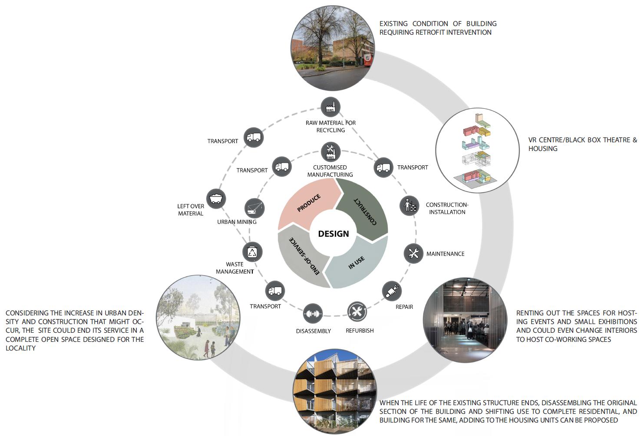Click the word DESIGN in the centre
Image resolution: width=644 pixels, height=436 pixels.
point(333,234)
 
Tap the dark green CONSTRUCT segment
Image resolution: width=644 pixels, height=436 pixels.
point(363,209)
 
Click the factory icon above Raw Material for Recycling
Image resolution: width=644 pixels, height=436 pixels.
point(330,107)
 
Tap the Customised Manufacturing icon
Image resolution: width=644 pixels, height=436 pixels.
point(330,151)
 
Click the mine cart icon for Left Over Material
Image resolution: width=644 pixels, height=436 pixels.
point(216,199)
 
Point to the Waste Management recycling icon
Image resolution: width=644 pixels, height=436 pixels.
point(252,252)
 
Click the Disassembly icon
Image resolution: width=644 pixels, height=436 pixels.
point(313,313)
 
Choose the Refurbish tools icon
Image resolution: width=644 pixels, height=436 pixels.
point(357,311)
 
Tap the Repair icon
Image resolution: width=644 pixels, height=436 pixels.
point(392,291)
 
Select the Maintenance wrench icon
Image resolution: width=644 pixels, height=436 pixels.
point(413,253)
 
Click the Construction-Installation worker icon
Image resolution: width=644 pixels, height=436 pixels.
point(410,205)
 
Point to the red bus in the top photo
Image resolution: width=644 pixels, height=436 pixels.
point(367,59)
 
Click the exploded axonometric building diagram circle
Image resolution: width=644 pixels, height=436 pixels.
point(477,150)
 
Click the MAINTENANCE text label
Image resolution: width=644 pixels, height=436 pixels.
point(445,254)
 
